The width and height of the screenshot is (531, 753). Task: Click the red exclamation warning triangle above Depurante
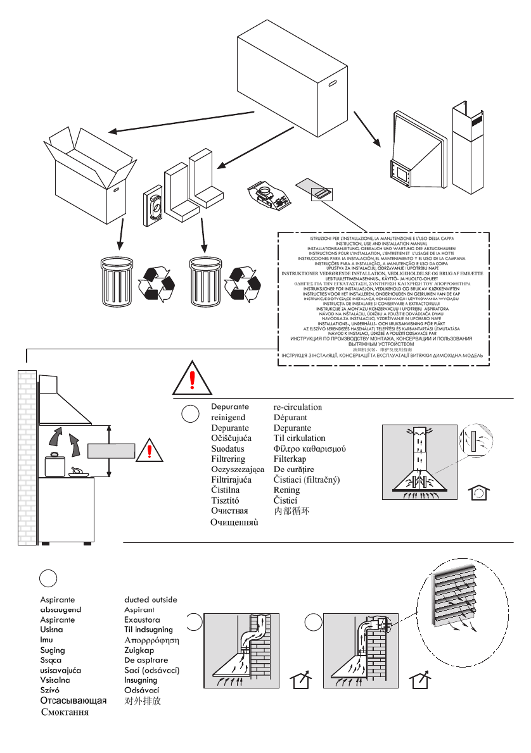pyautogui.click(x=192, y=380)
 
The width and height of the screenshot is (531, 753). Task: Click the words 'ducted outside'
pyautogui.click(x=150, y=599)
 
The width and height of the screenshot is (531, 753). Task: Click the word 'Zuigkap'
pyautogui.click(x=139, y=650)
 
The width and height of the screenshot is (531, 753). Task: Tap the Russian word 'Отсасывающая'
pyautogui.click(x=74, y=700)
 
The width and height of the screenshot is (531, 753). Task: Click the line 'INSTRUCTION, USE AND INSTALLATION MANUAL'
pyautogui.click(x=380, y=244)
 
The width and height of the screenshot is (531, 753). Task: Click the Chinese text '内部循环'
pyautogui.click(x=291, y=511)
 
